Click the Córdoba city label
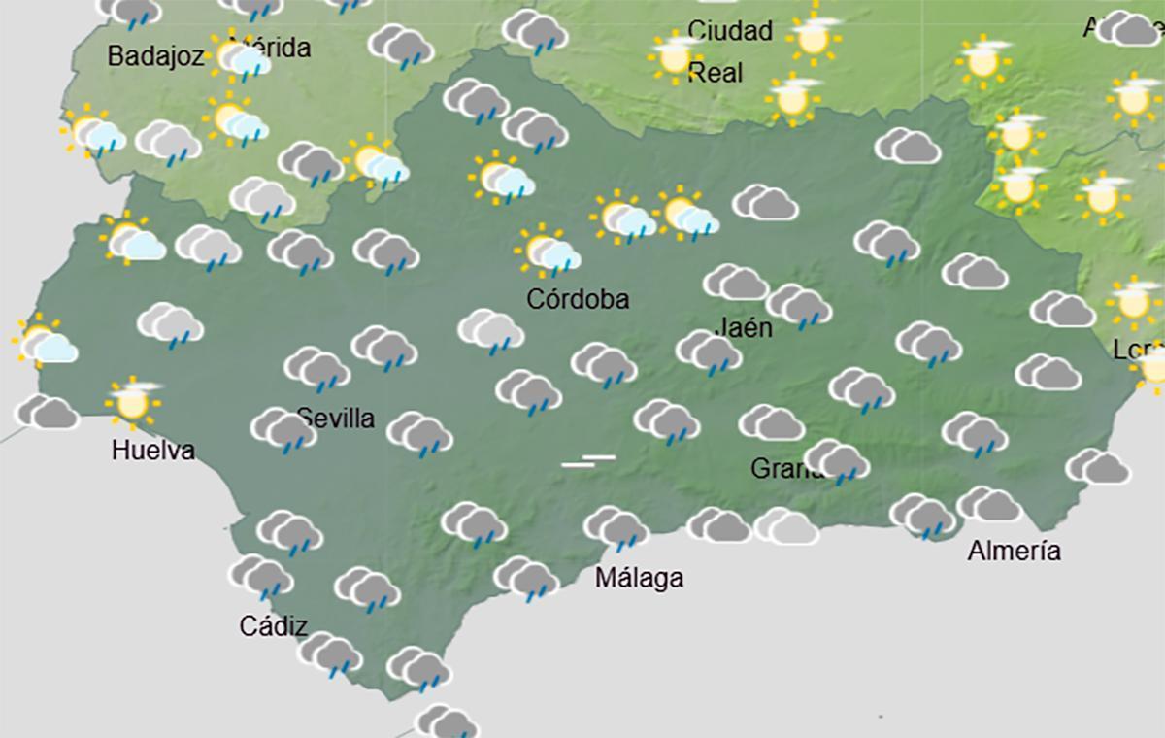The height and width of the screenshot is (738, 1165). pyautogui.click(x=577, y=299)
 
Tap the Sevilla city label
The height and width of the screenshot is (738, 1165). pyautogui.click(x=336, y=419)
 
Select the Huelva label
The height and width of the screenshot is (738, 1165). pyautogui.click(x=152, y=451)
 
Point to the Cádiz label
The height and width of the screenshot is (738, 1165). pyautogui.click(x=274, y=626)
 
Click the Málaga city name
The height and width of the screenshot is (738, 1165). pyautogui.click(x=639, y=578)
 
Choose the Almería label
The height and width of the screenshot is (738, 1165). pyautogui.click(x=1014, y=552)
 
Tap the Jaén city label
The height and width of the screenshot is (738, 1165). pyautogui.click(x=745, y=327)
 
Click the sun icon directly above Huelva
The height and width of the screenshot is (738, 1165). pyautogui.click(x=132, y=400)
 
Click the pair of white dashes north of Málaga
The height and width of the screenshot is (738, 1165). pyautogui.click(x=588, y=460)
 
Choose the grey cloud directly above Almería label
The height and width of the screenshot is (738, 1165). pyautogui.click(x=988, y=505)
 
